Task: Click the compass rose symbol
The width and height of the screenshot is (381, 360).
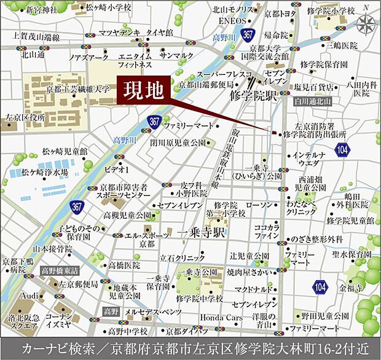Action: point(367,23)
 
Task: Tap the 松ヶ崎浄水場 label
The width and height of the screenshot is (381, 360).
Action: point(44,173)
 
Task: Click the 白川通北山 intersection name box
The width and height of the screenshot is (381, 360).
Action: point(312,101)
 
